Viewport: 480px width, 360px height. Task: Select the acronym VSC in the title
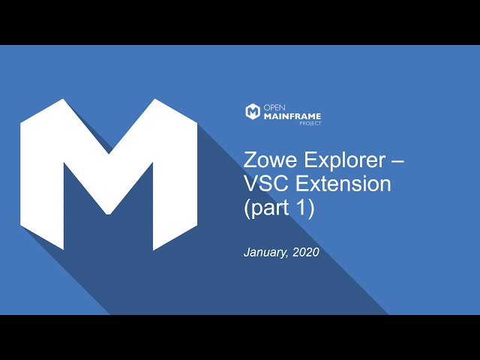(266, 184)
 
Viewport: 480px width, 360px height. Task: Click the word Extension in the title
(343, 184)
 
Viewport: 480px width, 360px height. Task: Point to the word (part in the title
(267, 208)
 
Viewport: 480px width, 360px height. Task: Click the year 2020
(306, 252)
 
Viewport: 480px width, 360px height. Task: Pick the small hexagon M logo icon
(253, 112)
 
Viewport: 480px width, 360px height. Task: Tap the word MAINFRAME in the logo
(292, 116)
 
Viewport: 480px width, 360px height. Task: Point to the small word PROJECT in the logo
(310, 123)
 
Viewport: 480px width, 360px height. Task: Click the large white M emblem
(109, 175)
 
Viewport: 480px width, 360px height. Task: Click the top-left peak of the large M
(63, 99)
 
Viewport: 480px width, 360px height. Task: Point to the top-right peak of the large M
(154, 99)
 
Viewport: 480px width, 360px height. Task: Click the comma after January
(286, 256)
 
